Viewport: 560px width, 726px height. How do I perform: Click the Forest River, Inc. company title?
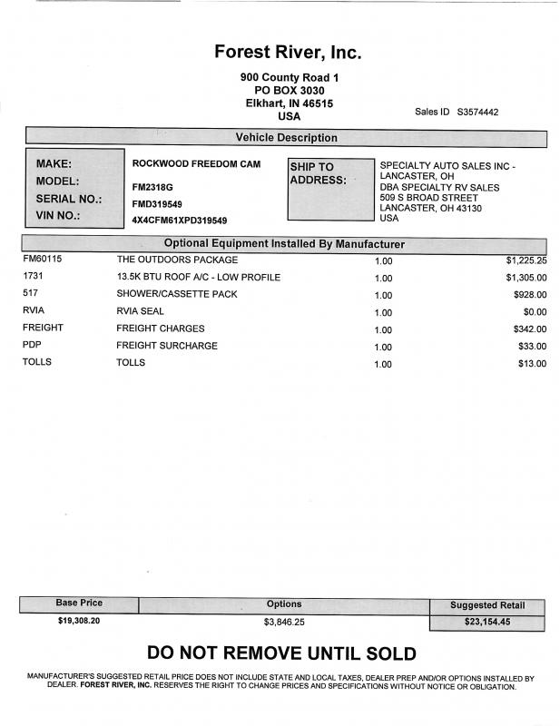click(x=288, y=52)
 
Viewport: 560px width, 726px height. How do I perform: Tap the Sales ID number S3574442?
click(x=477, y=113)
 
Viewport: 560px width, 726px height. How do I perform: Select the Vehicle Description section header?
click(x=286, y=138)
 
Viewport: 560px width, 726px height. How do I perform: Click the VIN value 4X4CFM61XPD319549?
click(x=180, y=221)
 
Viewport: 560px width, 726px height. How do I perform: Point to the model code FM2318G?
click(x=152, y=187)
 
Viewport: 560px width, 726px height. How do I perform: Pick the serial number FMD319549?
click(x=157, y=204)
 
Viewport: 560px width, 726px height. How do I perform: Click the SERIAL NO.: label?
click(x=68, y=199)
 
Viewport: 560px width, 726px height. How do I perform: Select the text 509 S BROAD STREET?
click(x=428, y=197)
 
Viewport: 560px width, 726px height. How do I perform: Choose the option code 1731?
click(x=33, y=277)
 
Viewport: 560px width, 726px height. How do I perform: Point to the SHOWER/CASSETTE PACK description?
click(x=177, y=294)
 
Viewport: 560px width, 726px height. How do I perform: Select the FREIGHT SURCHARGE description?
click(x=167, y=346)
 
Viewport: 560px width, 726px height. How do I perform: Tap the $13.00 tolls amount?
click(x=531, y=364)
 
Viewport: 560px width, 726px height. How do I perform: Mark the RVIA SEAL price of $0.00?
click(x=533, y=312)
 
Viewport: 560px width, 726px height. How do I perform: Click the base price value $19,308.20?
click(x=79, y=622)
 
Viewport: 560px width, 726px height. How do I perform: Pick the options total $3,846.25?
click(x=284, y=623)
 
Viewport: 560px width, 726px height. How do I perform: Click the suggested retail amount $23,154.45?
click(x=487, y=623)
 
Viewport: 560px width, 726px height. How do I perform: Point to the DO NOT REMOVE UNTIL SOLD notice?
click(x=281, y=653)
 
